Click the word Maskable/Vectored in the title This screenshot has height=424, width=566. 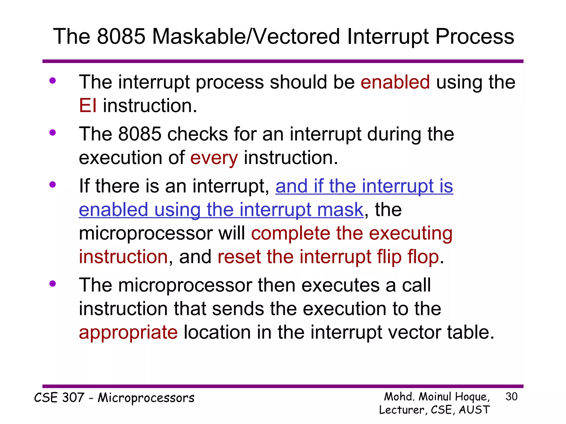pos(246,36)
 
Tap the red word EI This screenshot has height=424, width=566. pos(88,106)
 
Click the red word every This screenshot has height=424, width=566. pos(214,158)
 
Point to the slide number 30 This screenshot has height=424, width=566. pos(511,397)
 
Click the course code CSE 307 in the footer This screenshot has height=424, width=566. pos(59,398)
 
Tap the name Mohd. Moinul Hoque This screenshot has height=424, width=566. pos(437,397)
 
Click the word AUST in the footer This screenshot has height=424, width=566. pos(474,410)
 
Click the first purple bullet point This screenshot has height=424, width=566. pos(53,81)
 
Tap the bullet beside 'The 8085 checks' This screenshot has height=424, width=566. pos(53,133)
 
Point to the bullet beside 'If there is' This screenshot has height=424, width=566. pos(53,185)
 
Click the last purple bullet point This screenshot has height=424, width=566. pos(53,284)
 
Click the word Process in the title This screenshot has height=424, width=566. pos(475,36)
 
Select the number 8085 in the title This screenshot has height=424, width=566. pos(121,36)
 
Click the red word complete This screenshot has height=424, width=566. pos(290,233)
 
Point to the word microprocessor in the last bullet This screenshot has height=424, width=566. pos(185,285)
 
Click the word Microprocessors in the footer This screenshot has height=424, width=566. pos(146,398)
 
